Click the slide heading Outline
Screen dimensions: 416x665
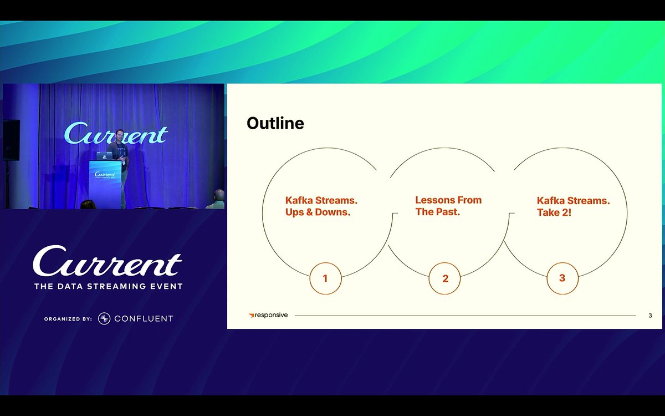[x=275, y=123]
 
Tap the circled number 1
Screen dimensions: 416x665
[x=325, y=278]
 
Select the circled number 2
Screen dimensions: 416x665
[x=445, y=278]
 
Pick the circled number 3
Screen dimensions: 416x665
[x=562, y=278]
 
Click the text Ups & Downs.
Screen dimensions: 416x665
[x=318, y=212]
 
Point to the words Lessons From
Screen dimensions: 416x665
[x=448, y=200]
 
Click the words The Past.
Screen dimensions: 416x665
[x=438, y=212]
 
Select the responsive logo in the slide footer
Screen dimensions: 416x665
[x=268, y=315]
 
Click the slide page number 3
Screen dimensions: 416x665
[x=650, y=316]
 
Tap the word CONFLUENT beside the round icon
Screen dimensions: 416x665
[x=144, y=318]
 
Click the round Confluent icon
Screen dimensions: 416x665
[x=104, y=318]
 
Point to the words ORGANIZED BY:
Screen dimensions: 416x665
[x=68, y=319]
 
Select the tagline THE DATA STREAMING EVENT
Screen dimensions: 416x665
[x=108, y=286]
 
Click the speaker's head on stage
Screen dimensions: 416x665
[x=120, y=134]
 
